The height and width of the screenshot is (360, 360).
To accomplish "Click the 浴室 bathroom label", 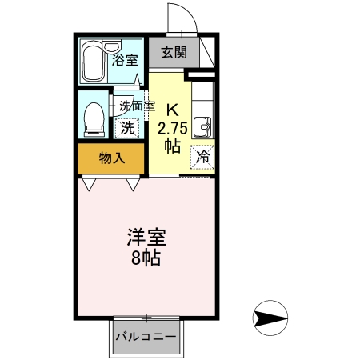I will point(126,60).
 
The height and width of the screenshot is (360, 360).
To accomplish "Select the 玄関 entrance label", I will point(174,53).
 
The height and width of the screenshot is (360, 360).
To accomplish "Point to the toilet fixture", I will point(93,118).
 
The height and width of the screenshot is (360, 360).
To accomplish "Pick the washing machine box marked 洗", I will point(128,126).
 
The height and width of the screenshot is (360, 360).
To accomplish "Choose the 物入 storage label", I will point(112,158).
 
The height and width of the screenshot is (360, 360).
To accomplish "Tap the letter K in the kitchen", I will point(171,109).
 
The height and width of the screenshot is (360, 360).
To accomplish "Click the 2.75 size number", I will point(171,128).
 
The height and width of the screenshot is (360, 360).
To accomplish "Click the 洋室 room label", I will point(146,239).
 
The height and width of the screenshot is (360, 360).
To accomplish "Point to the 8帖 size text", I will point(146,258).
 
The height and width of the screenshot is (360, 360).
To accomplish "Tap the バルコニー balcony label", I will point(146,336).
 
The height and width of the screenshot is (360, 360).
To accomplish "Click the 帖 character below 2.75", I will point(171,146).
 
